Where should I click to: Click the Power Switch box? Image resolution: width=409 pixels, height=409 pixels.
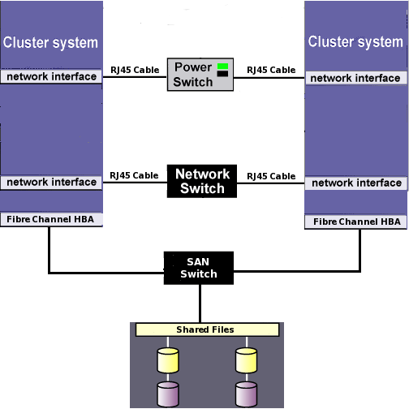tap(200, 75)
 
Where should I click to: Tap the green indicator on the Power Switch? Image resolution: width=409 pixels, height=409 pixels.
tap(222, 67)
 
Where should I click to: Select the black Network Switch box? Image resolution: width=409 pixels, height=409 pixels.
tap(202, 181)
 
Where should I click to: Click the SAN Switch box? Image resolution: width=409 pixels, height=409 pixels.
tap(199, 268)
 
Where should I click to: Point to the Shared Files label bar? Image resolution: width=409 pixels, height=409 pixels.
tap(207, 329)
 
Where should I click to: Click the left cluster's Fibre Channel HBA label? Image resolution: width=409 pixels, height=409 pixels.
tap(51, 219)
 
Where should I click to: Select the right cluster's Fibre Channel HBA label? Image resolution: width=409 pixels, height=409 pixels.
tap(356, 222)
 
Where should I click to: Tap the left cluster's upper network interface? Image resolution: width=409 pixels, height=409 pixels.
tap(51, 76)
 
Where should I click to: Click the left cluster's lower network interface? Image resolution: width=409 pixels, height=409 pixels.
tap(51, 183)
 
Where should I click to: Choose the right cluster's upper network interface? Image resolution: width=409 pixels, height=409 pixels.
tap(356, 78)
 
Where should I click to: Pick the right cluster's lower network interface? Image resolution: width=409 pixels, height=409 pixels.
tap(356, 183)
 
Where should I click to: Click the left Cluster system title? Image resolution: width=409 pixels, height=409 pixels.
tap(50, 43)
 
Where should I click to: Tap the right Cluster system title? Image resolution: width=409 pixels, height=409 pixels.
tap(355, 42)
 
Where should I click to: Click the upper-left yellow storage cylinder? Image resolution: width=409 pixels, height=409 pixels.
tap(168, 360)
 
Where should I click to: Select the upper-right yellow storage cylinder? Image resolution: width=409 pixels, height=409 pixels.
tap(247, 360)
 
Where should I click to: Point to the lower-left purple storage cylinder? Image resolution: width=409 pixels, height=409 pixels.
tap(168, 394)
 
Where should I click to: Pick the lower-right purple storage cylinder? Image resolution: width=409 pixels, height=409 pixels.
tap(247, 394)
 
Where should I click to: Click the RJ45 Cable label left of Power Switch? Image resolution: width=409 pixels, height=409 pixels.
tap(135, 70)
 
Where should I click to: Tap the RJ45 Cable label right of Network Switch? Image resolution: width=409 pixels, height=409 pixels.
tap(271, 176)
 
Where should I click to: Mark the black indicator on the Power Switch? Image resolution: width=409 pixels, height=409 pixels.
tap(222, 74)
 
